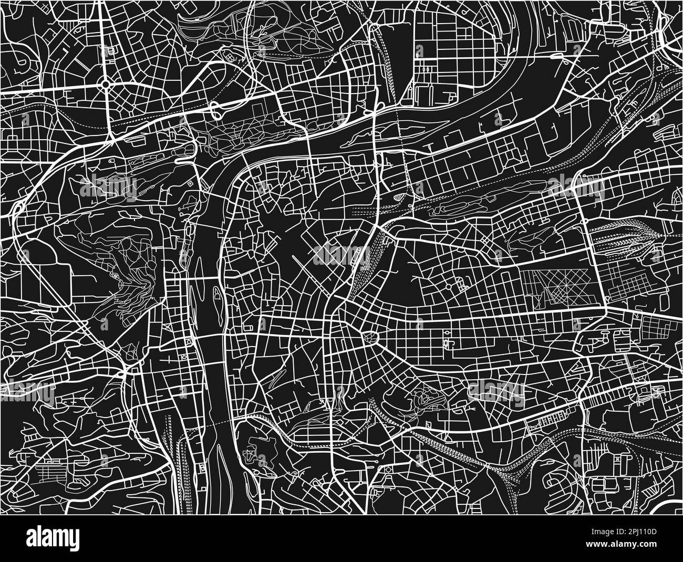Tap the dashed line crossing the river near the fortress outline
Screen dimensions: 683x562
pyautogui.click(x=221, y=420)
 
